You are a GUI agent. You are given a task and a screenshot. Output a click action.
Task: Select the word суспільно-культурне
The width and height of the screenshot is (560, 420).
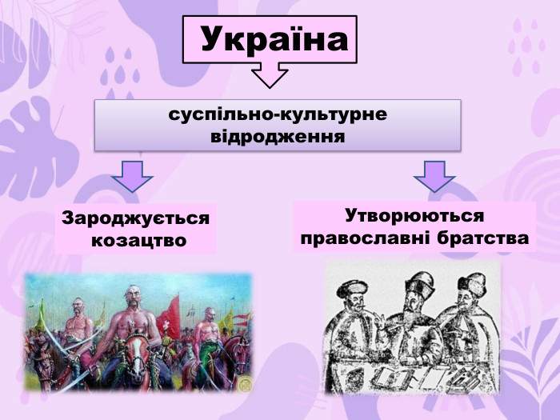point(278,114)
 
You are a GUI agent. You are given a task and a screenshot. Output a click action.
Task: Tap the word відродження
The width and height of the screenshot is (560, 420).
point(278,136)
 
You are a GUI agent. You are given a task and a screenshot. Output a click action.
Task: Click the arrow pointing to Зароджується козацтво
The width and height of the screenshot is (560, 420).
point(132,176)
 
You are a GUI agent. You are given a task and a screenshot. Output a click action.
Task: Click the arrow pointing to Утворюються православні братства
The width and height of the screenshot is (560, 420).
point(434,176)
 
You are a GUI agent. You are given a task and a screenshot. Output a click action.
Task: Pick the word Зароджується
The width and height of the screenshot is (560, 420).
point(136,218)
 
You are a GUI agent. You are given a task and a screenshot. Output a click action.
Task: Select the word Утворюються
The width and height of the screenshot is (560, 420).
point(414,216)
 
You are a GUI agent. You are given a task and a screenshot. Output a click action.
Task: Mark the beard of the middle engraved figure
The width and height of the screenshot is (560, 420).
point(415,314)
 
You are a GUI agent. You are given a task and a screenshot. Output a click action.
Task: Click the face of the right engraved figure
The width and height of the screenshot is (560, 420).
point(471,299)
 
